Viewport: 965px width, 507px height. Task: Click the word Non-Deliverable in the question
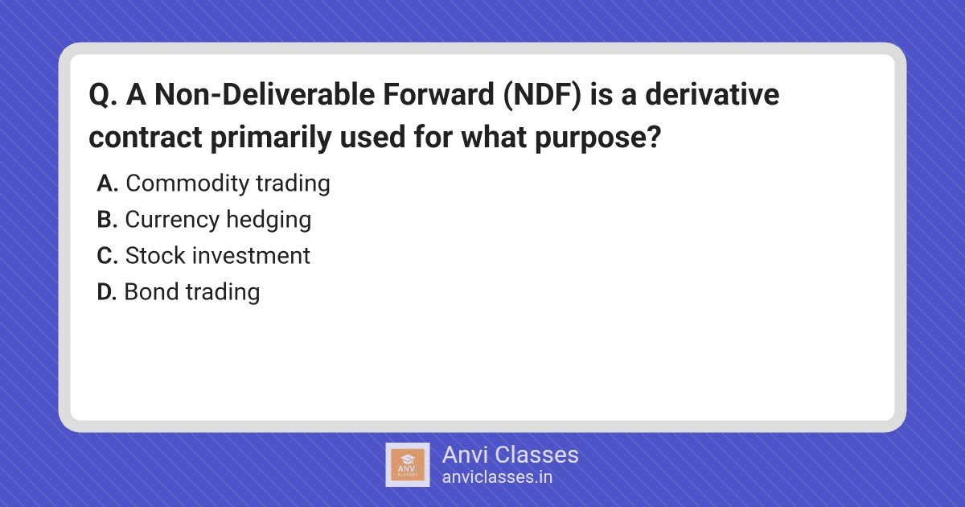(x=265, y=94)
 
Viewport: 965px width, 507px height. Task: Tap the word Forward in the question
(x=438, y=94)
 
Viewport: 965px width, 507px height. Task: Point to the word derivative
(x=712, y=94)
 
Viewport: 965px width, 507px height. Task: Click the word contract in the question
(x=146, y=137)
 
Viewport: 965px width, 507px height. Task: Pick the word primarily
(x=271, y=138)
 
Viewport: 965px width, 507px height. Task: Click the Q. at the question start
(x=103, y=95)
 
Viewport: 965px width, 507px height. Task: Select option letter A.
(x=107, y=183)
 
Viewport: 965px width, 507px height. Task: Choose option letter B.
(x=107, y=220)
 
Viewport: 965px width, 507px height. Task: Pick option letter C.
(x=107, y=256)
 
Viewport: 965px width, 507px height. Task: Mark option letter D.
(x=107, y=292)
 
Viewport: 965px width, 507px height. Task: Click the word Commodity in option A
(x=187, y=184)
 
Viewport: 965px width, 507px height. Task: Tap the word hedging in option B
(x=269, y=221)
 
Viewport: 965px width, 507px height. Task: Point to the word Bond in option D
(x=151, y=291)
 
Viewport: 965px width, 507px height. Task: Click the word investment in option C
(x=251, y=256)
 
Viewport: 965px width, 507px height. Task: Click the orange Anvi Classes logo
(x=408, y=465)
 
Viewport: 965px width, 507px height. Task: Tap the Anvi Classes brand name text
(x=510, y=455)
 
